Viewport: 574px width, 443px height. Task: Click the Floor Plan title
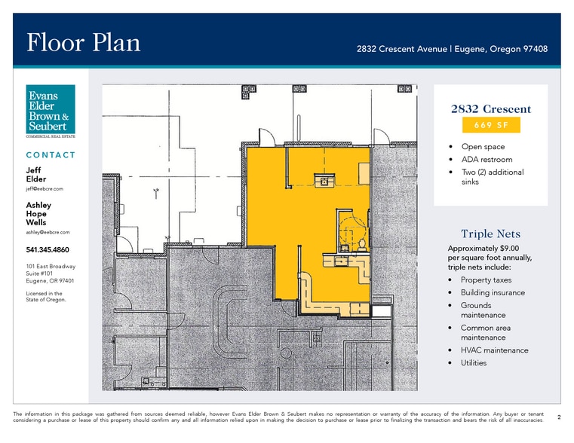(x=84, y=42)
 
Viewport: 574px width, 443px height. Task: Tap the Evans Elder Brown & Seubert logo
(x=51, y=111)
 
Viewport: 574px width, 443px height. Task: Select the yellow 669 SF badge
(x=491, y=125)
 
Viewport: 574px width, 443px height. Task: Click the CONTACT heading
(x=51, y=155)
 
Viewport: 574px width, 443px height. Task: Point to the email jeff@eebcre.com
(x=45, y=189)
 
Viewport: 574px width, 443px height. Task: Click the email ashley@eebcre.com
(x=48, y=232)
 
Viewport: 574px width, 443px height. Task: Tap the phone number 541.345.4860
(x=48, y=249)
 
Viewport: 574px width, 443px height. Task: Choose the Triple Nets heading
(x=490, y=234)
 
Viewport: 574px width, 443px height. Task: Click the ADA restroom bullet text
(x=487, y=160)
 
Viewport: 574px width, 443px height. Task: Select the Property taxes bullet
(x=486, y=280)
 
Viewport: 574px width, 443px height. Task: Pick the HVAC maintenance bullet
(x=494, y=350)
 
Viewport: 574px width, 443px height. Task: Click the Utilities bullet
(x=474, y=363)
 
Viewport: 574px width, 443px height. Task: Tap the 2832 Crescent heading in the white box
(x=490, y=109)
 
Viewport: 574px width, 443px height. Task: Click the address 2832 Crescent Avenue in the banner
(x=401, y=49)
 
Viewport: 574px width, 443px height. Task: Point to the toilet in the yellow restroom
(x=362, y=245)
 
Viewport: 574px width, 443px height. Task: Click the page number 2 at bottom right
(x=559, y=417)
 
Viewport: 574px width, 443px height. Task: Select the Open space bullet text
(x=483, y=147)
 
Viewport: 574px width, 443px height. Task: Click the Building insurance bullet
(x=493, y=292)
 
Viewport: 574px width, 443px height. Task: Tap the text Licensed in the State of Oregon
(x=46, y=296)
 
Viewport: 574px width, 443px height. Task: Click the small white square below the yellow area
(x=382, y=311)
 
